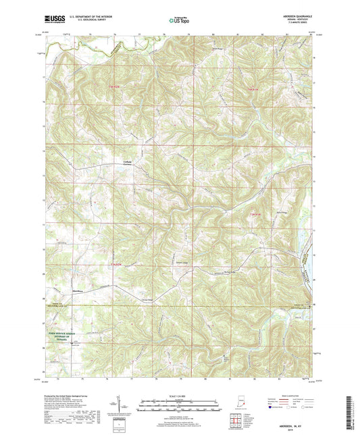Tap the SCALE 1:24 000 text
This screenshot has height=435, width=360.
click(179, 396)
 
